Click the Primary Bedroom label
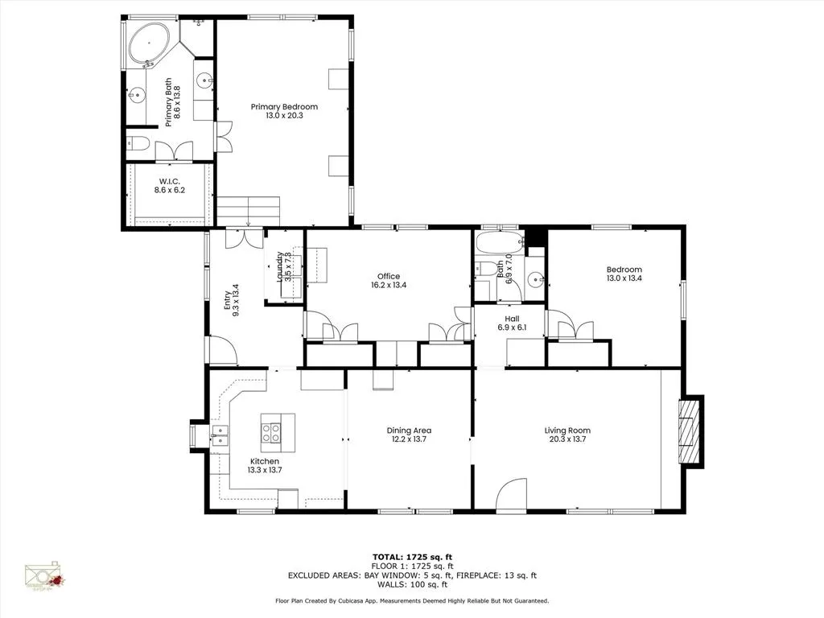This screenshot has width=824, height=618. point(283,106)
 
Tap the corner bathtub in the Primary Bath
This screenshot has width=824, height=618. point(149,43)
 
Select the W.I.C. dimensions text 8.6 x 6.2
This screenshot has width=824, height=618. point(170,191)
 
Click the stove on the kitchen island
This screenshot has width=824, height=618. point(272,434)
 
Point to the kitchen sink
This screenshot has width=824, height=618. point(220,435)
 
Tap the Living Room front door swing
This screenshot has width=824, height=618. point(510,495)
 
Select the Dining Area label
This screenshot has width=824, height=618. point(410,431)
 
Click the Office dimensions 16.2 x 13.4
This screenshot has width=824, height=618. point(388,285)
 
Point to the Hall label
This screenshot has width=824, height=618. point(510,319)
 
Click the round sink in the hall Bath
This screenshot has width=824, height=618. point(534,280)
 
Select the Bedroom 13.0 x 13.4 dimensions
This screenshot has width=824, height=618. point(624,278)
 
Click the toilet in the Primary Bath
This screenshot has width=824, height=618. point(138,145)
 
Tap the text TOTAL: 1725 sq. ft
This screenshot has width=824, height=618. point(411,557)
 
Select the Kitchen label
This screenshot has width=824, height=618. point(264,461)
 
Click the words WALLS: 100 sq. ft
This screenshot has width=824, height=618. point(412,585)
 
